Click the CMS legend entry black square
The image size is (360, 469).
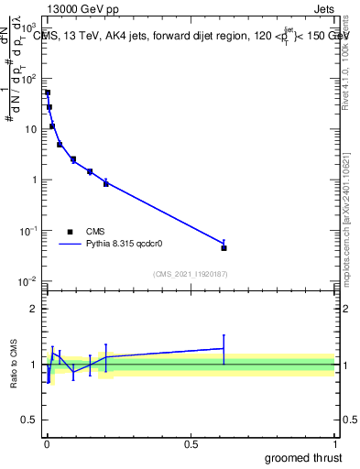(x=70, y=232)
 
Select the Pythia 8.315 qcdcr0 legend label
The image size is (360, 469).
(x=128, y=245)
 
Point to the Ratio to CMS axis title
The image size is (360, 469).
(x=16, y=364)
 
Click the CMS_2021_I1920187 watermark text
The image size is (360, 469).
(x=190, y=273)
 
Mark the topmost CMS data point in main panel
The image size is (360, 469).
(x=48, y=93)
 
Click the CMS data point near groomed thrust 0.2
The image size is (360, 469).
(x=106, y=183)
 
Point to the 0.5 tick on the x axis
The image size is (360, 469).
(x=191, y=444)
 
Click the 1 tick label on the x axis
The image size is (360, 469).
(x=334, y=444)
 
